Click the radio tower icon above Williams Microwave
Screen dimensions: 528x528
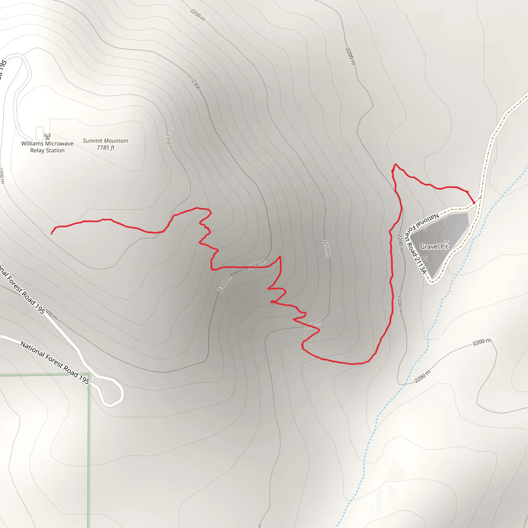47,136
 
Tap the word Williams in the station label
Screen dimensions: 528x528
32,144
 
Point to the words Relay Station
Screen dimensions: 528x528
47,150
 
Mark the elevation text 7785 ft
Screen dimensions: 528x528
105,147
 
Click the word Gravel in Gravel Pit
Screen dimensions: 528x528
430,246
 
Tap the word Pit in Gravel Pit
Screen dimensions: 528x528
444,246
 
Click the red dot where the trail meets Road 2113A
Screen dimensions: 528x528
474,202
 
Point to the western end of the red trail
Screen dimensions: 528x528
51,234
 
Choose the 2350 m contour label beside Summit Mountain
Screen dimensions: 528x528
169,142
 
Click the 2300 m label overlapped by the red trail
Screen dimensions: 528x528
257,265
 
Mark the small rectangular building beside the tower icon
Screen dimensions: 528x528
40,133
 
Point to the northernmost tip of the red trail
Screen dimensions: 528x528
395,164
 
